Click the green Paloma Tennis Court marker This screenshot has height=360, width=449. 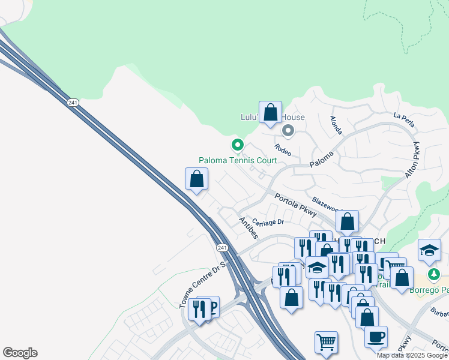click(238, 145)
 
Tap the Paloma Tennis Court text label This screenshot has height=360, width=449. click(238, 160)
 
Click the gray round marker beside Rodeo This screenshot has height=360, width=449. click(288, 130)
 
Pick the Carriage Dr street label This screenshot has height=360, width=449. click(268, 222)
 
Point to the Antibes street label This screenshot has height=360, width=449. click(248, 227)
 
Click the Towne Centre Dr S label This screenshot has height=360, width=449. click(202, 285)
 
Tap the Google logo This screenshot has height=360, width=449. click(20, 353)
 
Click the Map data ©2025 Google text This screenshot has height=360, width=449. click(412, 355)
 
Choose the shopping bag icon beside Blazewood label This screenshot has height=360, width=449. click(347, 222)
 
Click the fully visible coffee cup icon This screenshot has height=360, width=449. click(376, 337)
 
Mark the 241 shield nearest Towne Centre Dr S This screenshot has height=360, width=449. click(222, 247)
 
